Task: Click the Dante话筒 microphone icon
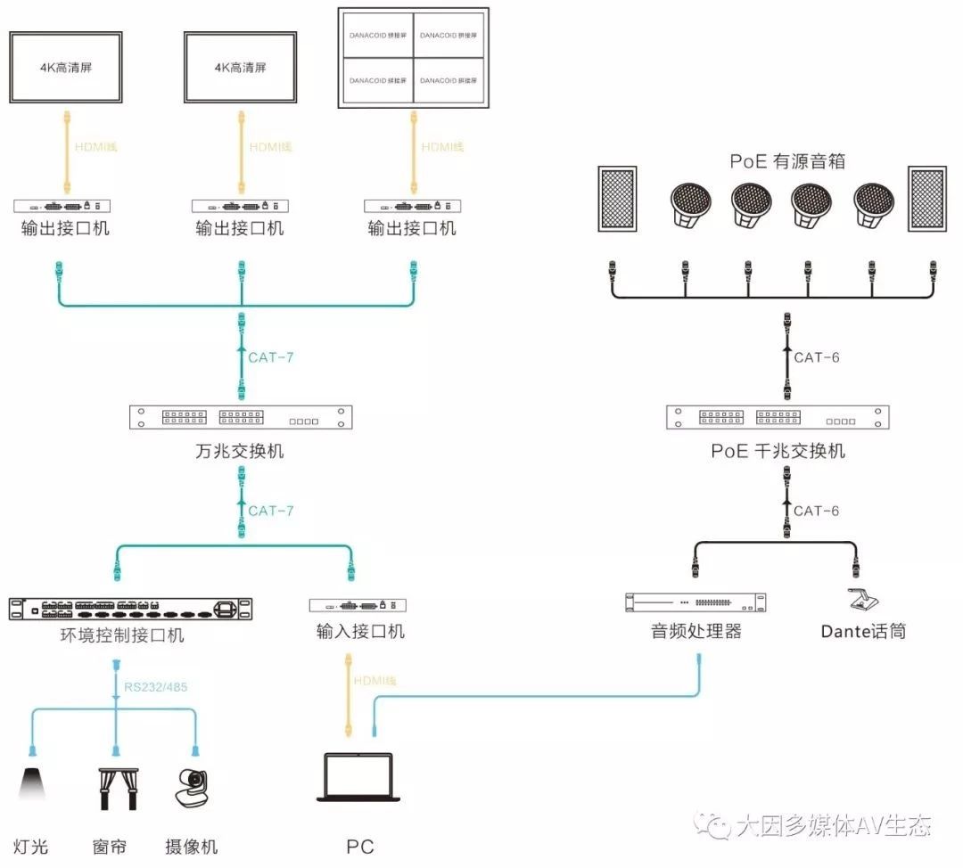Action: pyautogui.click(x=861, y=601)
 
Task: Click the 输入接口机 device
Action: pyautogui.click(x=358, y=605)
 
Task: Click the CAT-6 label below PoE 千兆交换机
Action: pyautogui.click(x=817, y=511)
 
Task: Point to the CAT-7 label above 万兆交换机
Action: pyautogui.click(x=270, y=357)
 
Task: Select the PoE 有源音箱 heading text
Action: pyautogui.click(x=786, y=161)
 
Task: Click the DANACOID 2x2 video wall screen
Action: pyautogui.click(x=414, y=58)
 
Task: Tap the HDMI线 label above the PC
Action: pyautogui.click(x=374, y=681)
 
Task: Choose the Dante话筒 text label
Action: pyautogui.click(x=863, y=631)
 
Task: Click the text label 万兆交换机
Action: pyautogui.click(x=240, y=450)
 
